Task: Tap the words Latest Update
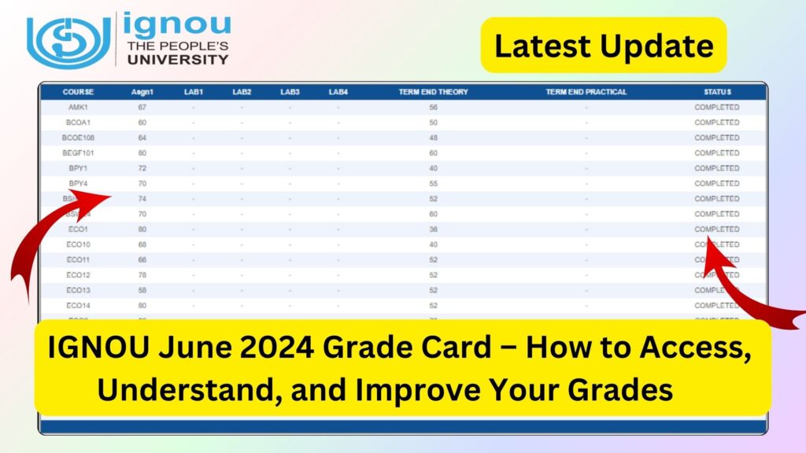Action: click(604, 46)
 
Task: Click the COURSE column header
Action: click(78, 92)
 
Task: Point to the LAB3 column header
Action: click(290, 92)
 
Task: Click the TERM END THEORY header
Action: click(433, 92)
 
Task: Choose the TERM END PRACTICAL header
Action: click(586, 92)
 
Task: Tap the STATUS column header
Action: click(717, 92)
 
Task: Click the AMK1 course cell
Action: click(78, 107)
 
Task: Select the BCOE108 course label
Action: click(78, 138)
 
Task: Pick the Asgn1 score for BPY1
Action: click(142, 168)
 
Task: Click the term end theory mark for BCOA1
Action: click(433, 123)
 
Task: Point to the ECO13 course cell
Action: click(78, 290)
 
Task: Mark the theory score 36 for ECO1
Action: click(433, 230)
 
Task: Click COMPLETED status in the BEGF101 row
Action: click(716, 153)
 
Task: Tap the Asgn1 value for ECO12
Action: click(142, 275)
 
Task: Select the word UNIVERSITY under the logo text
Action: click(178, 59)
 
